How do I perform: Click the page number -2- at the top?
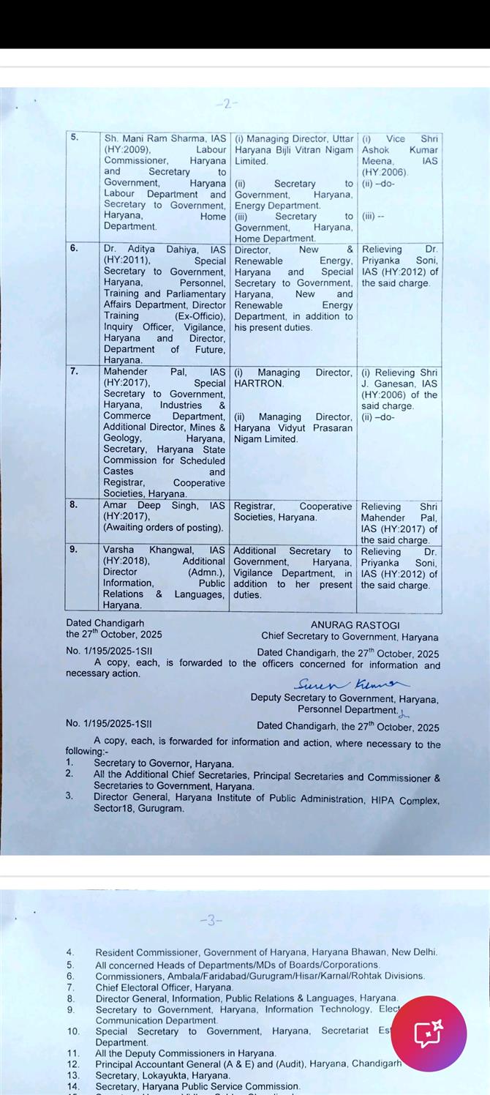pos(227,104)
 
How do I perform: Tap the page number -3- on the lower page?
pos(211,920)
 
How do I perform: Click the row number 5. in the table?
pos(75,137)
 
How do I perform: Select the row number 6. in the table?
pos(74,248)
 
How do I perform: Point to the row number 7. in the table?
pos(74,371)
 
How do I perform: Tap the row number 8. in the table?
pos(74,504)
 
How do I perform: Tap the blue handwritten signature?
pos(352,684)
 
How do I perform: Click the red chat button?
pos(429,1034)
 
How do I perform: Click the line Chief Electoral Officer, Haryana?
pos(164,987)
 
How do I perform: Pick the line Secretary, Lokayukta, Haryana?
pos(162,1075)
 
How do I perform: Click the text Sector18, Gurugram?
pos(138,809)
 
